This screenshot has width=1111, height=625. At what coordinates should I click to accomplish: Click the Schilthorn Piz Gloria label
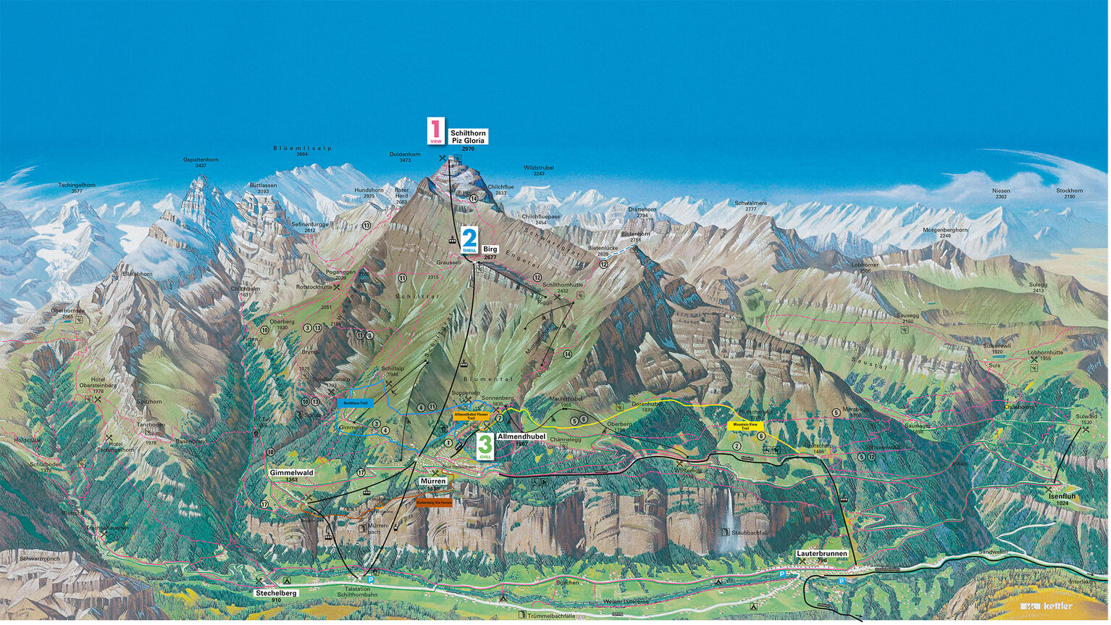click(468, 136)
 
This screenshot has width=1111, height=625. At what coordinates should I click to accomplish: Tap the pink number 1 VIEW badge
click(435, 131)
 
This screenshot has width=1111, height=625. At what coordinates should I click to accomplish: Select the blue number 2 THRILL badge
click(469, 240)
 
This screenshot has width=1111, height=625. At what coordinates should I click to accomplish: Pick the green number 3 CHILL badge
click(485, 446)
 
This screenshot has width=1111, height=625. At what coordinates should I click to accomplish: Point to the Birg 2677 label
click(490, 252)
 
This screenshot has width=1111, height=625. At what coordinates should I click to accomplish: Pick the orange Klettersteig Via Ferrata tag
click(434, 502)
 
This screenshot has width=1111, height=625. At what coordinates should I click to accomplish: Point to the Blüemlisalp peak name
click(302, 148)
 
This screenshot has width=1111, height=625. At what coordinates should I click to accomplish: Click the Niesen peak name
click(1001, 191)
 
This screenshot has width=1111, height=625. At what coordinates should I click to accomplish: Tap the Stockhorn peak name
click(1069, 191)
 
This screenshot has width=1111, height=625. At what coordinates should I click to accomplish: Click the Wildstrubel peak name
click(539, 167)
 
